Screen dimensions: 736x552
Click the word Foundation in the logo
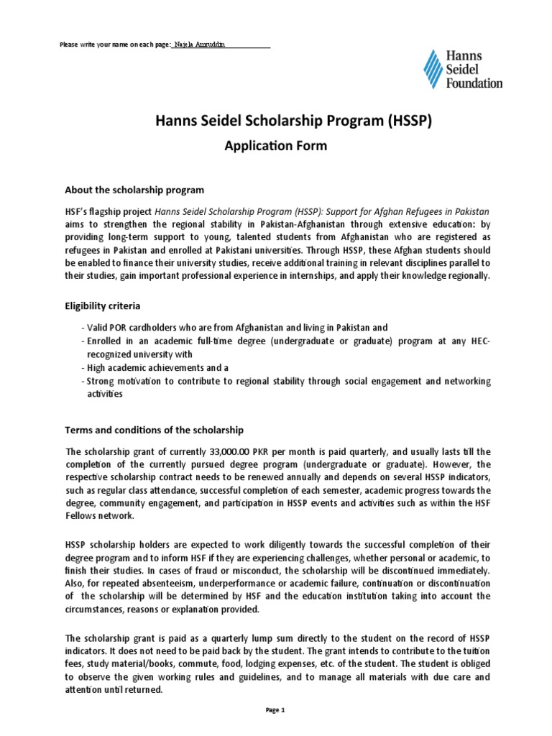(x=474, y=83)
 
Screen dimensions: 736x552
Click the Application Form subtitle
(x=276, y=146)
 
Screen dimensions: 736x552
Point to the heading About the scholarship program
(x=134, y=190)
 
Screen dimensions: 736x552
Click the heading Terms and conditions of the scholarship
(x=155, y=430)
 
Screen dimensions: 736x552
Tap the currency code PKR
(x=270, y=451)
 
